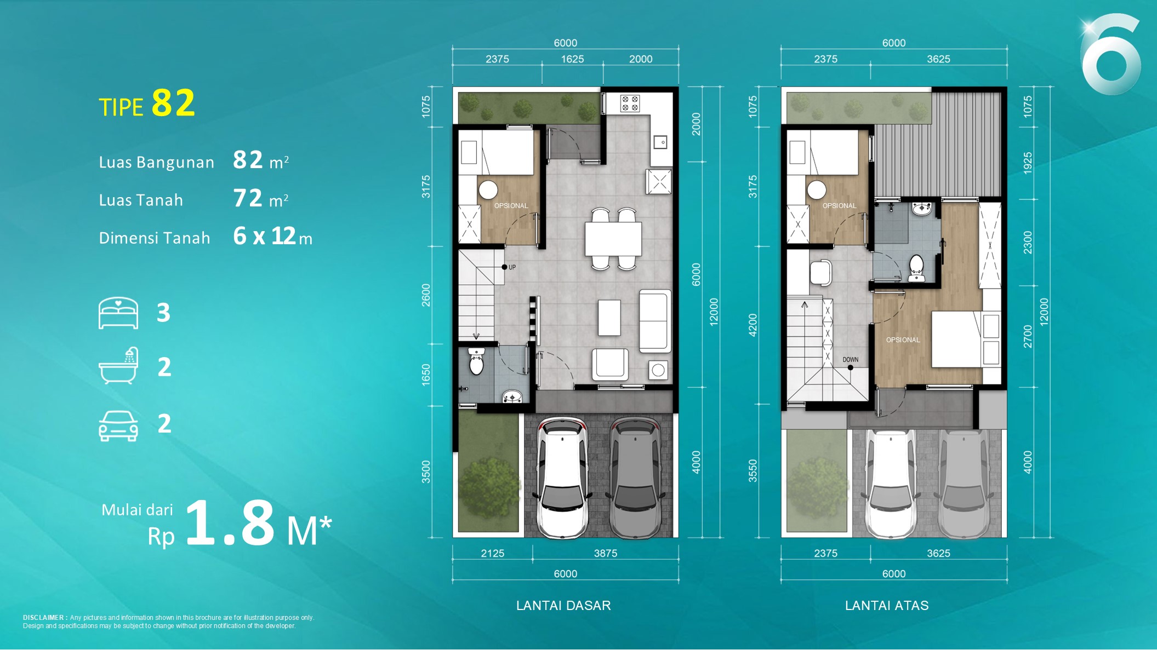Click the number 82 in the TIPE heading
pos(173,103)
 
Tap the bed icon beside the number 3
pos(118,313)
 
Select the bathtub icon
pos(118,365)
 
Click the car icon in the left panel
pos(118,425)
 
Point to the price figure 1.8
pos(230,523)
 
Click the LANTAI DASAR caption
pos(563,606)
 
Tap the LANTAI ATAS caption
pos(887,606)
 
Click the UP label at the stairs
pos(512,267)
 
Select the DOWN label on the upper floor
pos(851,360)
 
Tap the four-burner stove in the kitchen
pos(630,103)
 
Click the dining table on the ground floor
pos(613,239)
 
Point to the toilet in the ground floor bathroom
pos(476,361)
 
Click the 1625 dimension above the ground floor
pos(572,59)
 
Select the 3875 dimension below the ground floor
pos(606,553)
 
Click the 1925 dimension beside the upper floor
pos(1028,163)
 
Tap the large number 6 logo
pos(1112,55)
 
